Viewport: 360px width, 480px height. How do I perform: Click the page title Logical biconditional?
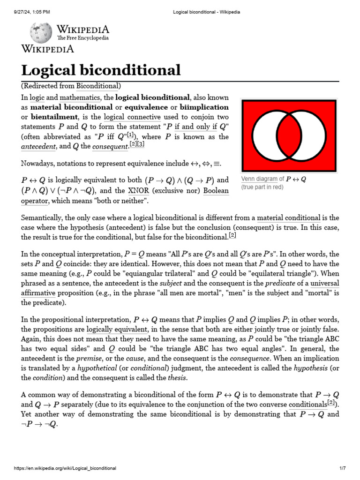[x=101, y=70]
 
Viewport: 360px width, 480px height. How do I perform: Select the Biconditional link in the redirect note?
[x=97, y=86]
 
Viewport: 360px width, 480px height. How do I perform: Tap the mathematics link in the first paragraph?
[x=80, y=97]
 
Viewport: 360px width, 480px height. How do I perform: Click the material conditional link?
[x=289, y=217]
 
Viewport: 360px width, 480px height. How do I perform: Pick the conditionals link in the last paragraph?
[x=307, y=404]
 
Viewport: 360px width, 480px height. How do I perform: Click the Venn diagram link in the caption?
[x=259, y=179]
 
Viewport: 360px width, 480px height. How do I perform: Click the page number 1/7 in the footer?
[x=342, y=468]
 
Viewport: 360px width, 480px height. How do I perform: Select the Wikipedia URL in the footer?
[x=65, y=468]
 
